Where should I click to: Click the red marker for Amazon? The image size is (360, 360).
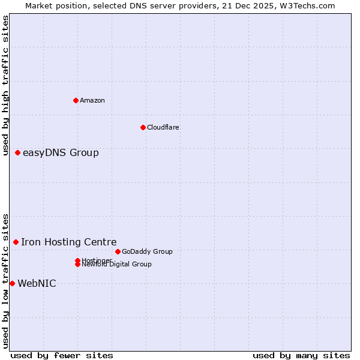tap(76, 100)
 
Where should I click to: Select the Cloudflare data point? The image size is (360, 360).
tap(143, 127)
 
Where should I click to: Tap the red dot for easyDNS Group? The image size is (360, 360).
tap(18, 153)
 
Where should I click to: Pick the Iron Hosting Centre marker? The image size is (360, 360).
tap(16, 242)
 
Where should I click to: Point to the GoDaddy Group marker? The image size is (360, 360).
tap(118, 251)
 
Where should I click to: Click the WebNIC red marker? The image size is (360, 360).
tap(12, 283)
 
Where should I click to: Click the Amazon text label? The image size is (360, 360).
tap(92, 100)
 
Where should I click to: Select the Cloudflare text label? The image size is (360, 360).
tap(163, 127)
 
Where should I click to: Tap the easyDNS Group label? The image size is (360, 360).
tap(61, 153)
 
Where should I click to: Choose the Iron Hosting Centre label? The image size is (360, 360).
tap(69, 242)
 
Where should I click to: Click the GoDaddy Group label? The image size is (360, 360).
tap(147, 251)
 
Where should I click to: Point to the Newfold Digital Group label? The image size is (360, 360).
tap(116, 264)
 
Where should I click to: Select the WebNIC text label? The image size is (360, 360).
tap(37, 284)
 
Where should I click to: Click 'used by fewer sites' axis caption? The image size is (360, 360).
tap(62, 355)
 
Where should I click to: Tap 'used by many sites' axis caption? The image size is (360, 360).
tap(301, 355)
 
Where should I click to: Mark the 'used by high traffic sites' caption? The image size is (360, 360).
tap(6, 85)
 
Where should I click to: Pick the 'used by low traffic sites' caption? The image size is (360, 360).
tap(6, 280)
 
